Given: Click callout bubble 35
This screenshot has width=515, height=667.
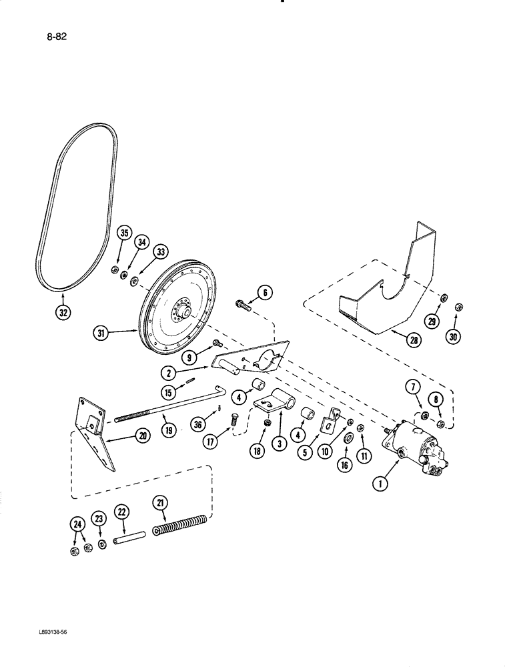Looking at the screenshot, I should [123, 233].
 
